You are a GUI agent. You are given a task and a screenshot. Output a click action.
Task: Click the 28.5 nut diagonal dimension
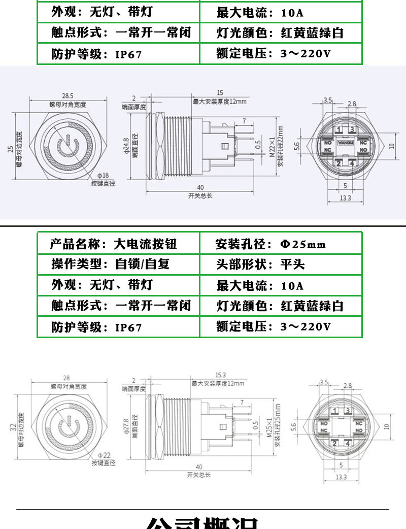click(x=67, y=95)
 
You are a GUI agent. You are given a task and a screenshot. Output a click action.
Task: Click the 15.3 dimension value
click(x=220, y=374)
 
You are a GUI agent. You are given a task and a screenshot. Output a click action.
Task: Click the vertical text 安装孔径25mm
click(x=278, y=425)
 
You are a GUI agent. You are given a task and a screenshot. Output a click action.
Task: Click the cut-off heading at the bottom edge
click(x=203, y=523)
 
